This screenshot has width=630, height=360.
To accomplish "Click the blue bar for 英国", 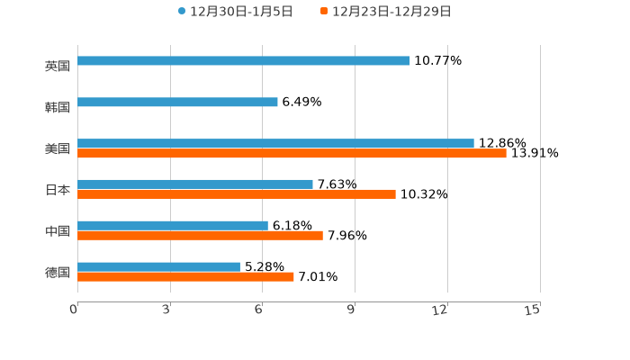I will [243, 61].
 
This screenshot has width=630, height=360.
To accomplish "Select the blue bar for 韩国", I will [177, 103].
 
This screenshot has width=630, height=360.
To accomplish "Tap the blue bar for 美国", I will [275, 143].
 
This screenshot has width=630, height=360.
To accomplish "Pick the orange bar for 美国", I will [292, 154].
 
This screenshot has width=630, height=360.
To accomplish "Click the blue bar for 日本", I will [195, 184].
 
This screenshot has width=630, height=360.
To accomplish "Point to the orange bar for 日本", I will [237, 194].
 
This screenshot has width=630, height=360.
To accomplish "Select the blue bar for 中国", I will [173, 225].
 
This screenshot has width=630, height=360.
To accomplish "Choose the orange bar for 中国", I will [200, 236].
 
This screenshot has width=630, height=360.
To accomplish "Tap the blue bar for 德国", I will [158, 266].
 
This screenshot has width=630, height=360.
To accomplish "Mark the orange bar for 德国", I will [185, 277].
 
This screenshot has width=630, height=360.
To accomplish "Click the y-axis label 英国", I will [57, 67].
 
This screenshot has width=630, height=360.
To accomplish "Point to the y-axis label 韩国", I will [57, 108].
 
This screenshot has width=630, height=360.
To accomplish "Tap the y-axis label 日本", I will [57, 190].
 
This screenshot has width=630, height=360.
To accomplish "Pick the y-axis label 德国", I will [57, 272].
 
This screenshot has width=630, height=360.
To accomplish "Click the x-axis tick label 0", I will [75, 310].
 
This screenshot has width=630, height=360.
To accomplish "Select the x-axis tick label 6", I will [259, 310].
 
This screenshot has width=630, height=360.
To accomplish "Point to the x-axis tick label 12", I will [441, 310].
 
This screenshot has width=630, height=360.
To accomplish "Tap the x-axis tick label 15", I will [533, 310].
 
